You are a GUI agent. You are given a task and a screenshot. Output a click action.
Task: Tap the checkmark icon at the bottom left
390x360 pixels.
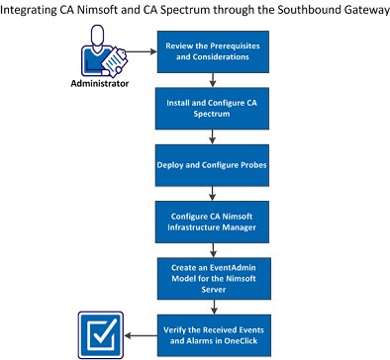click(100, 333)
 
